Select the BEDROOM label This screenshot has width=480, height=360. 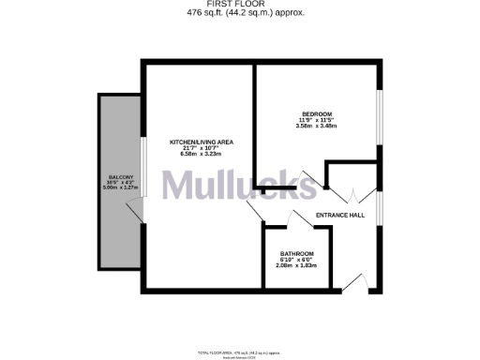click(x=316, y=113)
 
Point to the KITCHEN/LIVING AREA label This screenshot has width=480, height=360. click(x=201, y=142)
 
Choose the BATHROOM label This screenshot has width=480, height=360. click(x=297, y=254)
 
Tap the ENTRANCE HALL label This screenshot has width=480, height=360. click(x=339, y=216)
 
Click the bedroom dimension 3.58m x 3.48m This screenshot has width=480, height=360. click(x=316, y=127)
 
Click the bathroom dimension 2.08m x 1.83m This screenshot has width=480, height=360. click(x=297, y=266)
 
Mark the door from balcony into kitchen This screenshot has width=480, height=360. click(x=139, y=213)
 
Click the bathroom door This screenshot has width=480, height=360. click(x=278, y=220)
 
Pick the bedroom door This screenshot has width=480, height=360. click(x=309, y=178)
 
